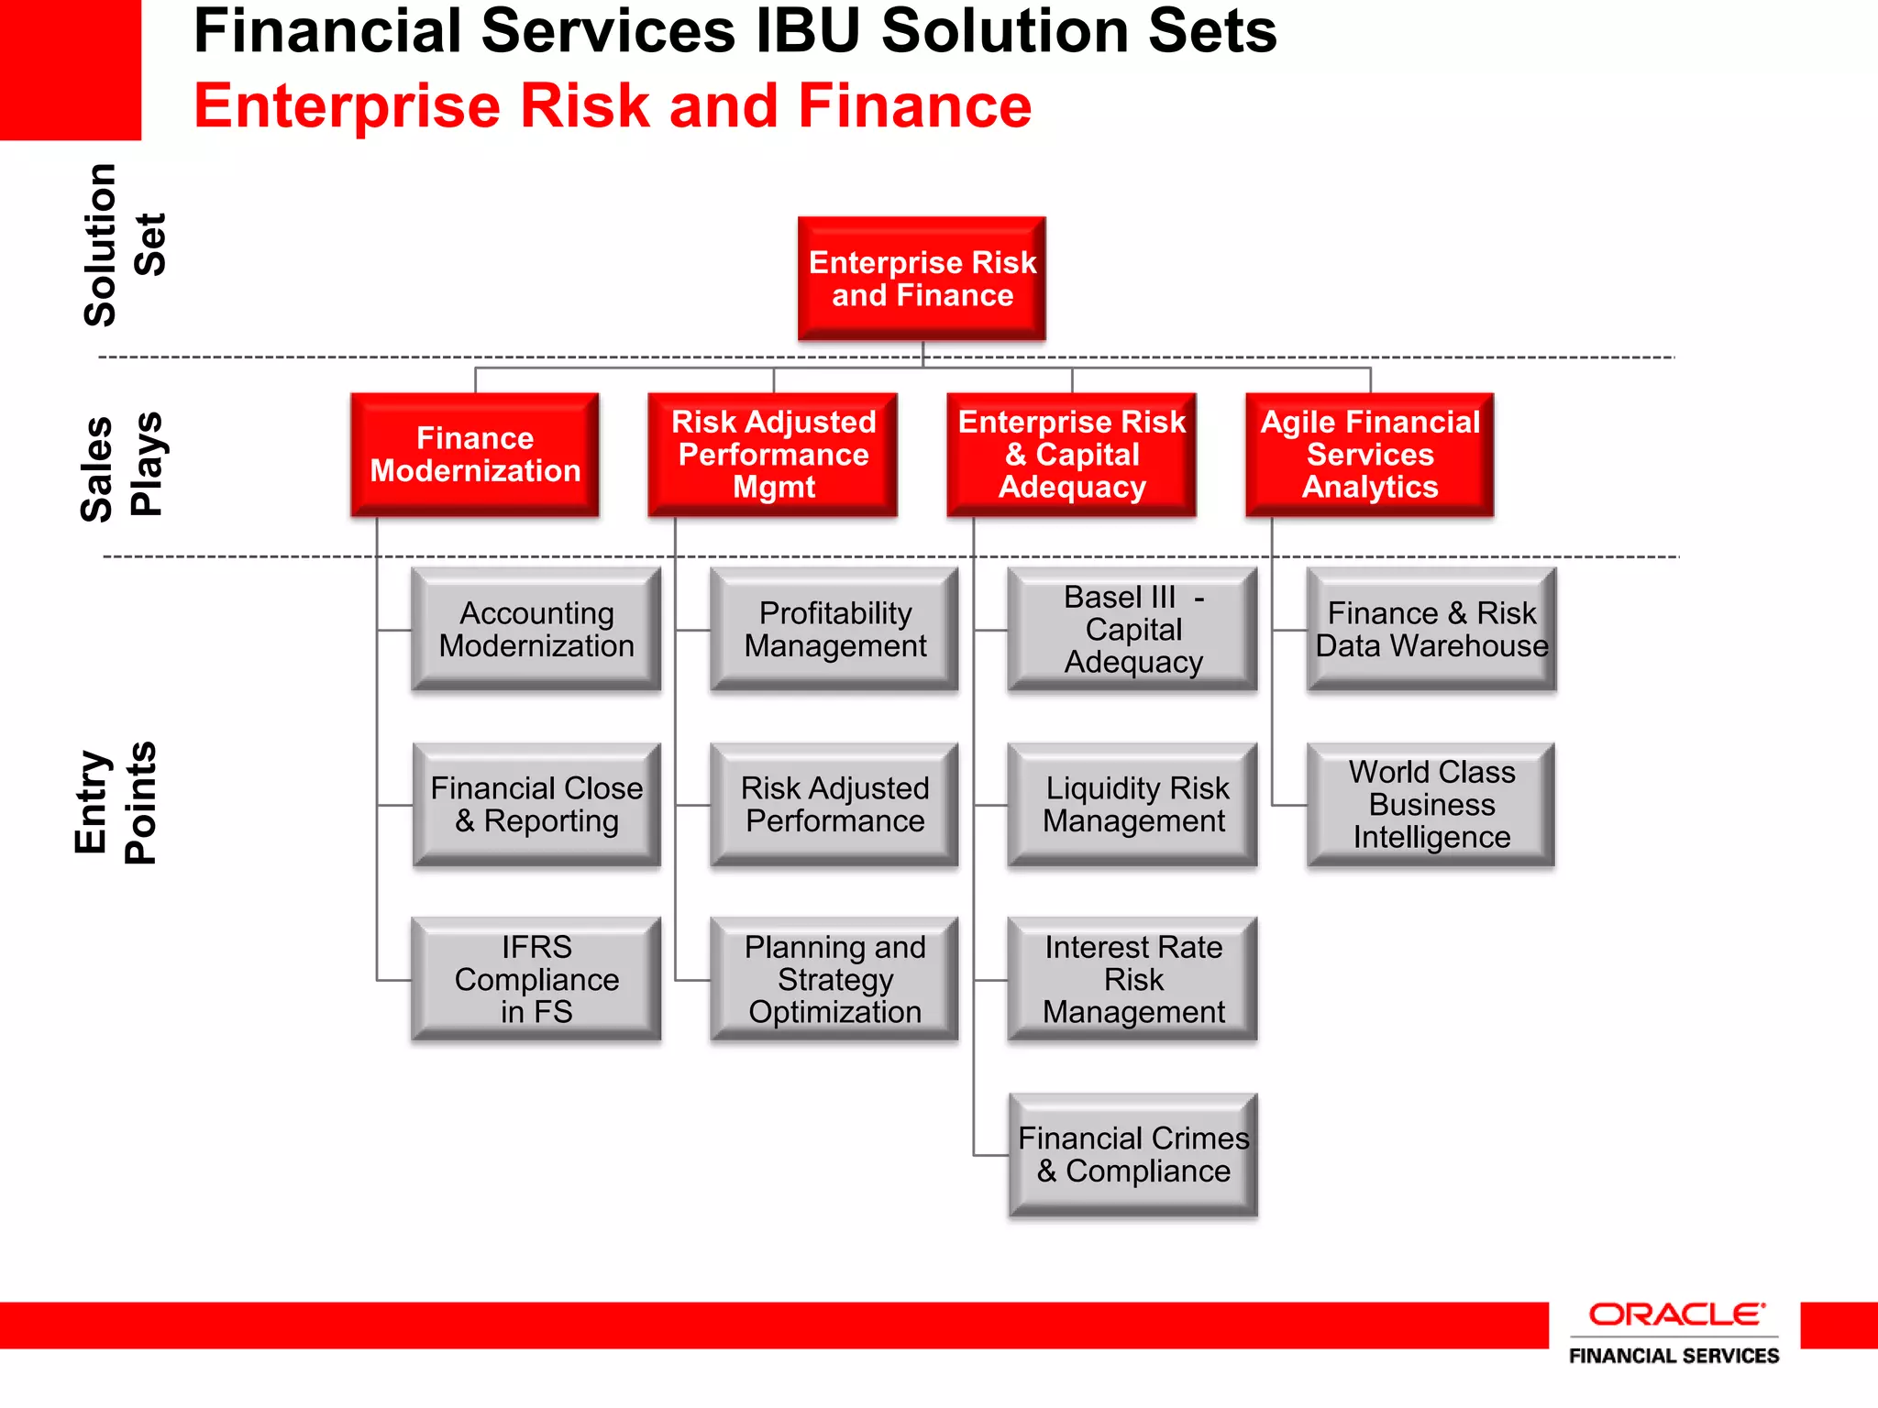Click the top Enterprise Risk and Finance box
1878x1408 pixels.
[x=922, y=279]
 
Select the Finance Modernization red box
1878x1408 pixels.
[x=475, y=455]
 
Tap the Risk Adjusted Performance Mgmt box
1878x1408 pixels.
[x=773, y=455]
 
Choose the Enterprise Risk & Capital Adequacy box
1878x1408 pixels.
[x=1071, y=455]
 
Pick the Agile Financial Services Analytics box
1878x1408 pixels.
[x=1370, y=455]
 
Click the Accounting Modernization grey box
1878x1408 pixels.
[x=536, y=629]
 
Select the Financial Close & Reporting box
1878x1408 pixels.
[x=536, y=805]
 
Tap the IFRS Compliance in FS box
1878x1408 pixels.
[x=536, y=979]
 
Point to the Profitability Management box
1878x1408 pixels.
[x=834, y=629]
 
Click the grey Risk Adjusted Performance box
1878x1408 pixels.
[x=834, y=805]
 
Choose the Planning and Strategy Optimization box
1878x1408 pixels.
[x=834, y=979]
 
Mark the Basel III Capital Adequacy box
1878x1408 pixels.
[x=1133, y=629]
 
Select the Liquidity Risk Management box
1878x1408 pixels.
[x=1133, y=805]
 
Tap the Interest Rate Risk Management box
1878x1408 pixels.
[x=1133, y=979]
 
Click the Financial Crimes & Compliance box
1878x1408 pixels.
[x=1133, y=1155]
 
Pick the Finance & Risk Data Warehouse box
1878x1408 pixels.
[x=1431, y=629]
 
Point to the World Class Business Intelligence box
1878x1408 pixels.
[x=1431, y=805]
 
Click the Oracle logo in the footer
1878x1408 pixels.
[x=1674, y=1315]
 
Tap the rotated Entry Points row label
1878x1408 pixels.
[x=116, y=803]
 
